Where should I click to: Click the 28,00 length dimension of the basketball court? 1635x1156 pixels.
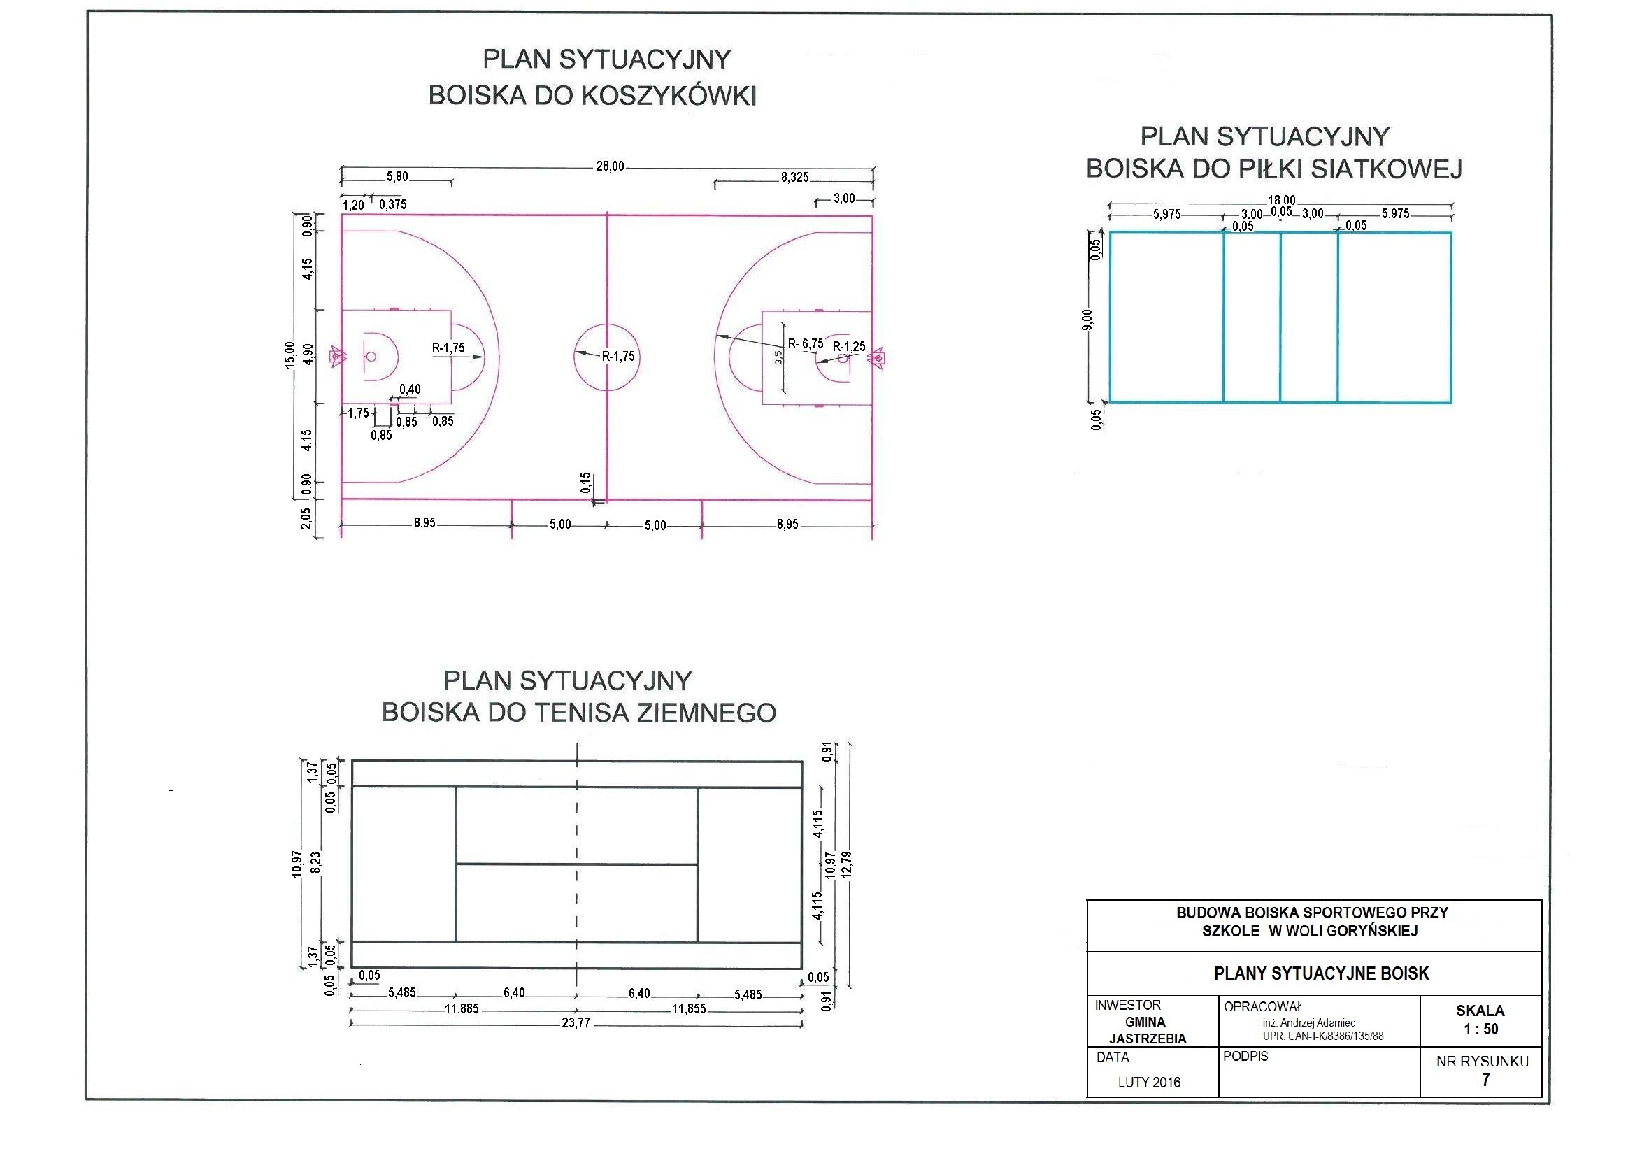tap(610, 166)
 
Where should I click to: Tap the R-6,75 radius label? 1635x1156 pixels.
tap(806, 345)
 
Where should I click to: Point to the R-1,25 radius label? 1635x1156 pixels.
tap(849, 347)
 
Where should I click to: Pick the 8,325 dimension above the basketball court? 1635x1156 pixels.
tap(794, 178)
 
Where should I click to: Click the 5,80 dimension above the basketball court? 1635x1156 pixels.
tap(397, 177)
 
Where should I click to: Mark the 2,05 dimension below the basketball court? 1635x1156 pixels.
tap(306, 518)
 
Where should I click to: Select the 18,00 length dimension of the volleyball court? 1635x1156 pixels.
tap(1281, 201)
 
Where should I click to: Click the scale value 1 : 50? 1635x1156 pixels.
tap(1480, 1029)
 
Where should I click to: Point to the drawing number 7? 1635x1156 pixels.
tap(1485, 1080)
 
